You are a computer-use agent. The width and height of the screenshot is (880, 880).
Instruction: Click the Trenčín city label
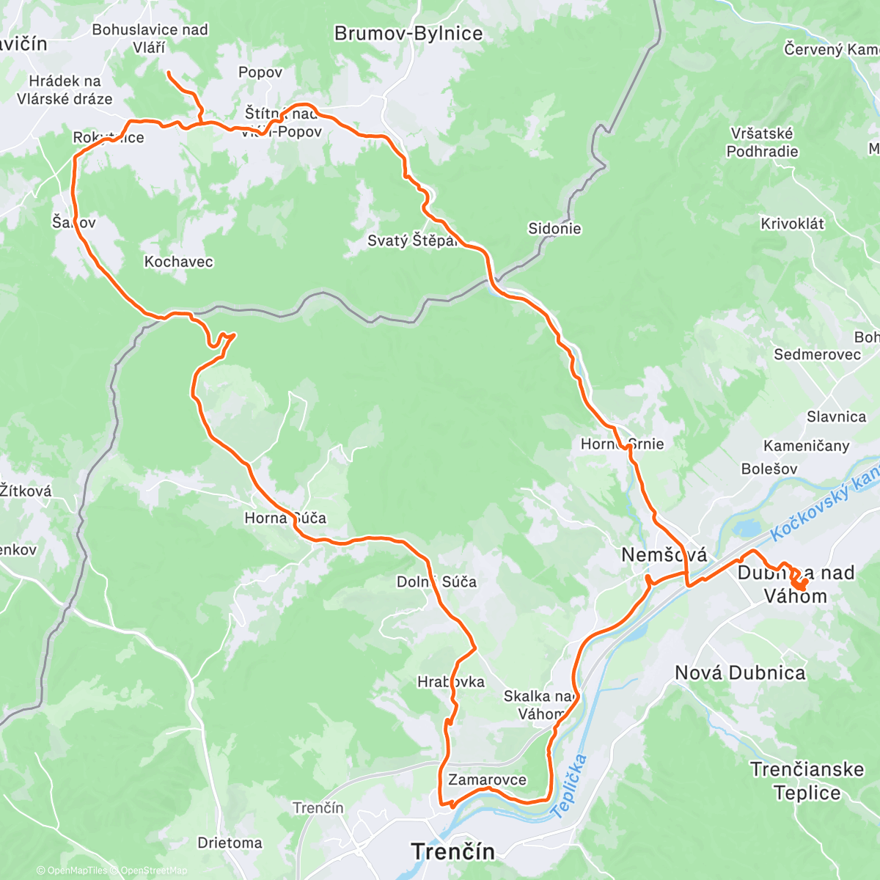[x=452, y=851]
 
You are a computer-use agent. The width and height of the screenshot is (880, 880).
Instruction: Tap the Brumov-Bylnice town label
[x=408, y=34]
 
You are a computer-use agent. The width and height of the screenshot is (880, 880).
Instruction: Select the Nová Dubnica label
[x=739, y=672]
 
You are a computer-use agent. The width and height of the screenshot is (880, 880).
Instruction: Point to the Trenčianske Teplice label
[x=807, y=781]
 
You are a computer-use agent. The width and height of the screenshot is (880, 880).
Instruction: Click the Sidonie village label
[x=554, y=229]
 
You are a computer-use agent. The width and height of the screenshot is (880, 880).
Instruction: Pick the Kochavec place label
[x=178, y=262]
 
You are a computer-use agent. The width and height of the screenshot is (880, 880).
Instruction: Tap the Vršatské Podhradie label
[x=762, y=143]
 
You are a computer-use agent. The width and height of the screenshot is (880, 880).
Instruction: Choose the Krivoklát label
[x=792, y=224]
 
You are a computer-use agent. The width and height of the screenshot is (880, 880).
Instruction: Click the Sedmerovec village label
[x=817, y=355]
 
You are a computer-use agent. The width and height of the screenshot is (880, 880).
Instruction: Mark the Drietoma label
[x=230, y=843]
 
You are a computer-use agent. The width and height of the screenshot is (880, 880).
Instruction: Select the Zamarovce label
[x=487, y=780]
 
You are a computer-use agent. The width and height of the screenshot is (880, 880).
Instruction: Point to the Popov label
[x=260, y=73]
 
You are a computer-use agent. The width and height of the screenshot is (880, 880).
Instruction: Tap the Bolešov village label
[x=769, y=469]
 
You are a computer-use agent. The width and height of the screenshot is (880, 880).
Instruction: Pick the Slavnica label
[x=836, y=417]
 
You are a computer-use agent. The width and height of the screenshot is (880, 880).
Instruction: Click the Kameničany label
[x=806, y=446]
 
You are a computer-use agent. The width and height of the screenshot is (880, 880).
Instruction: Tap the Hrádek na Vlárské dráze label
[x=65, y=90]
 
